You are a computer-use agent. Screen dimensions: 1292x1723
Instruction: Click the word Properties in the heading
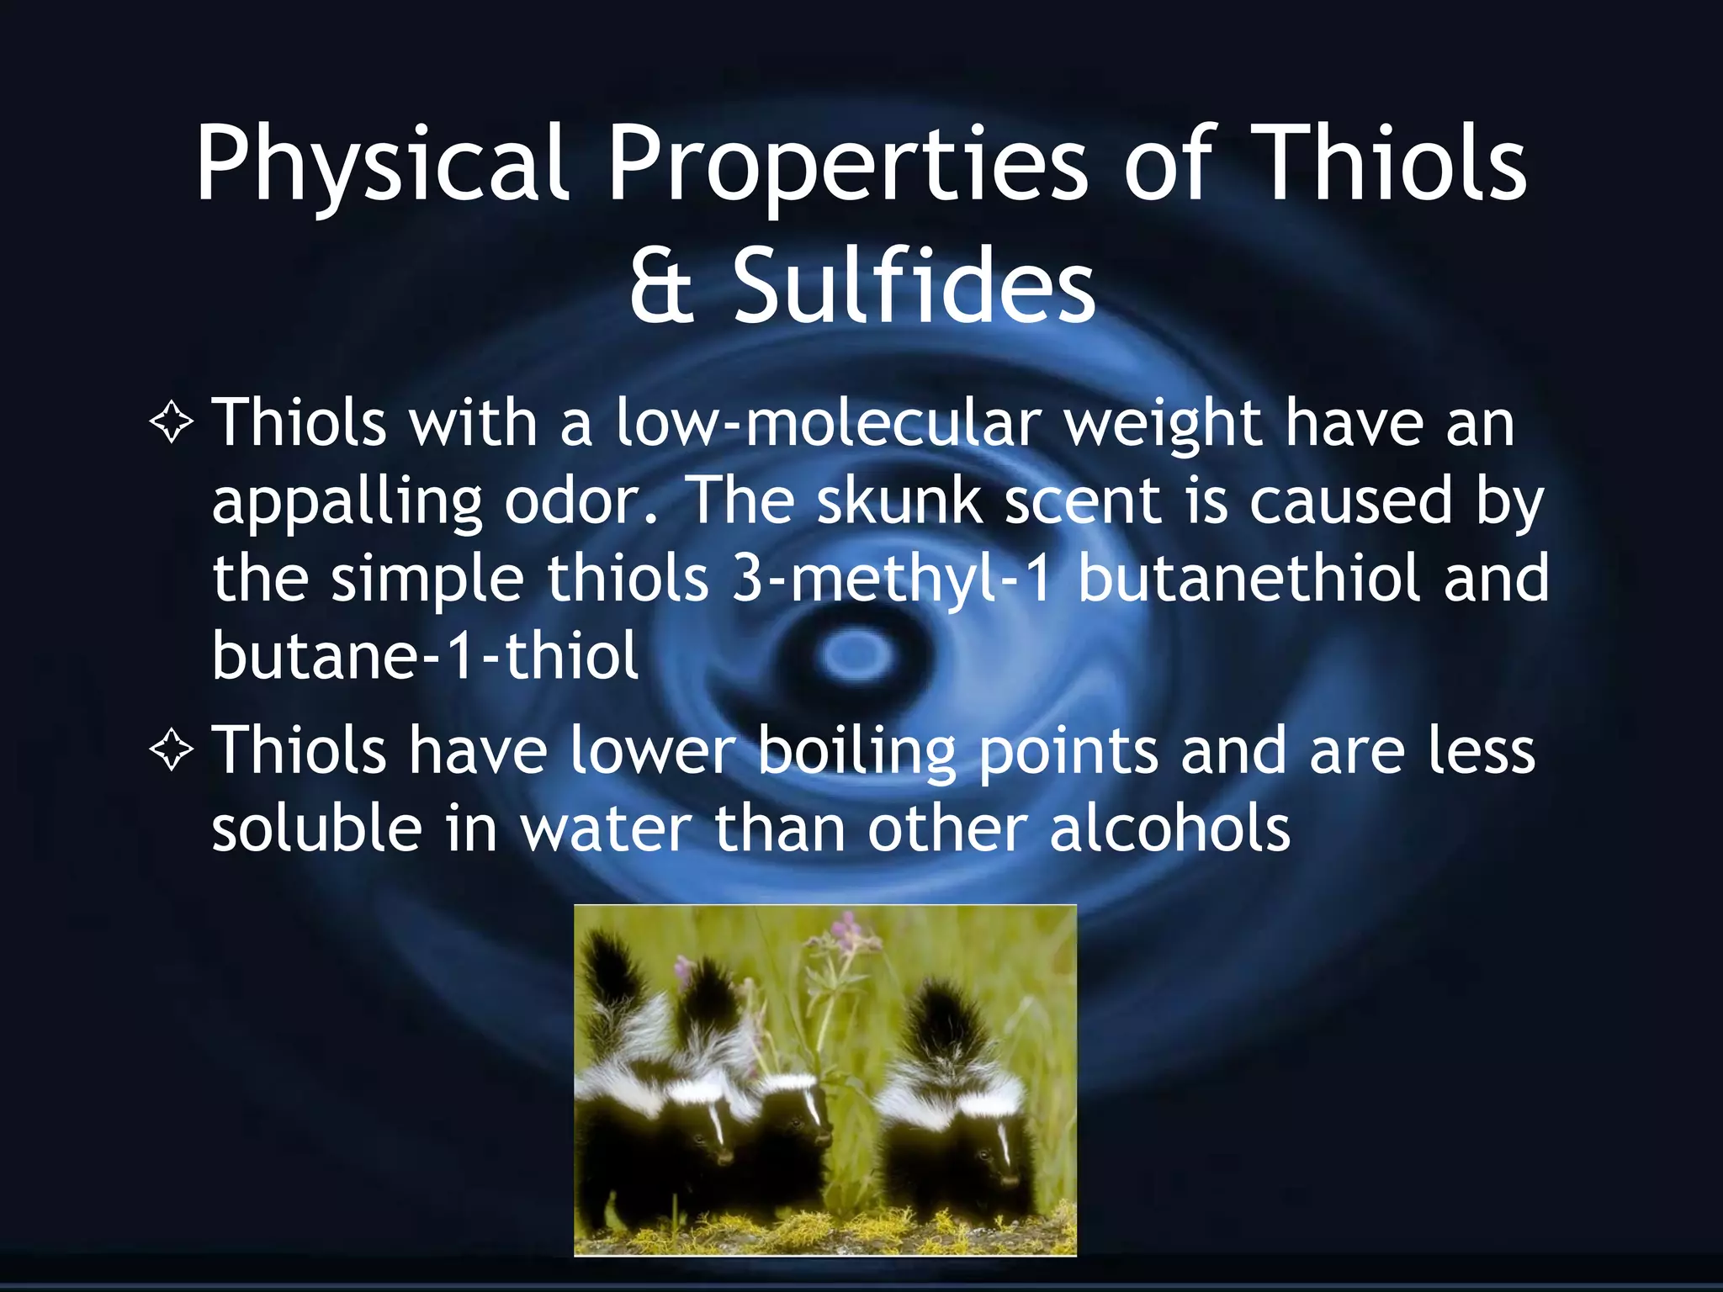pos(849,164)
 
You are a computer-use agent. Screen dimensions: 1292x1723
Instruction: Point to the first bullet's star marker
pos(172,422)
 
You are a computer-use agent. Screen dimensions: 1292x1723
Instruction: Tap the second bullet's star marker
pos(172,750)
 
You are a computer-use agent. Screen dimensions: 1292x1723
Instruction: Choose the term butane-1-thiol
pos(426,655)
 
